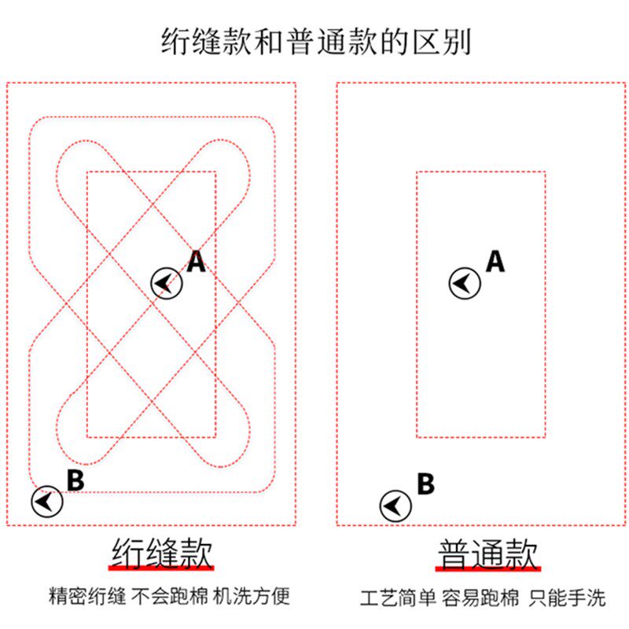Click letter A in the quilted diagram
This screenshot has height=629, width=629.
[196, 261]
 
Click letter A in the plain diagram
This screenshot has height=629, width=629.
[495, 261]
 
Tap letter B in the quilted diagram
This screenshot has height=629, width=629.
[75, 480]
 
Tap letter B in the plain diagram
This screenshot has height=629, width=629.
[425, 484]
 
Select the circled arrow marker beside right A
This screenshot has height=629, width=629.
[465, 282]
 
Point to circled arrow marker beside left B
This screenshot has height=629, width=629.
[46, 501]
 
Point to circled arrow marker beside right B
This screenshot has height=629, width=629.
[395, 506]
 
